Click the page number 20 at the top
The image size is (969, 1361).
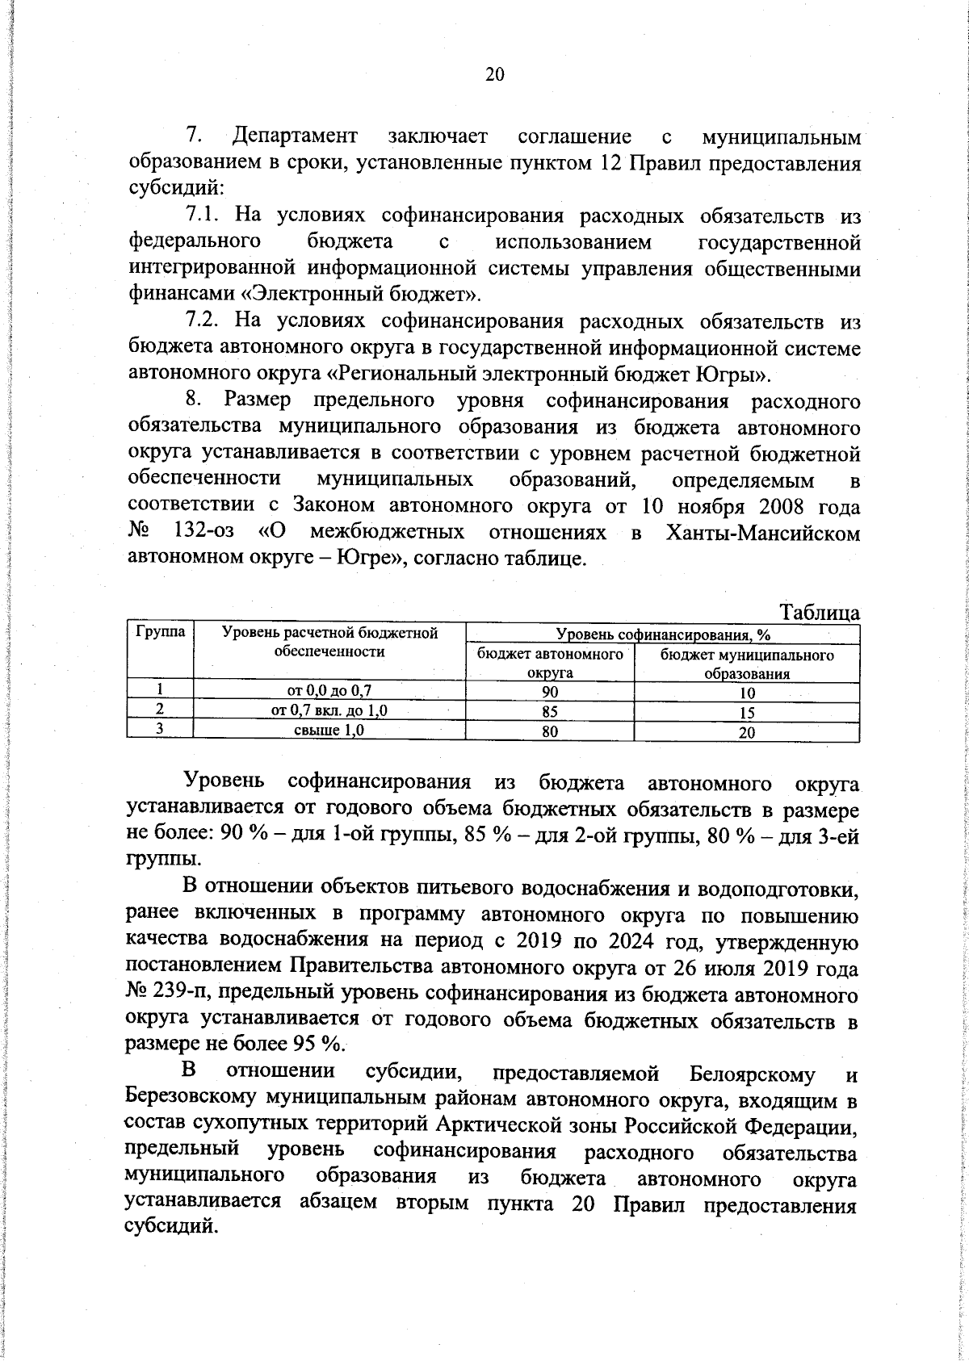[494, 75]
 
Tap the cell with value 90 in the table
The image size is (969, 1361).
[549, 692]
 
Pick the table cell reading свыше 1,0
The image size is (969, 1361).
[329, 731]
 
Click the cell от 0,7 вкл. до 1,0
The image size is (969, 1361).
[329, 711]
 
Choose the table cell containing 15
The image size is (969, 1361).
[747, 713]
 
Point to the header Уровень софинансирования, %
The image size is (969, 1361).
[662, 634]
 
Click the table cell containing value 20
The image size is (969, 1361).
[747, 733]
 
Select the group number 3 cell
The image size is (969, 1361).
[160, 730]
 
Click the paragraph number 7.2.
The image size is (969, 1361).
[203, 320]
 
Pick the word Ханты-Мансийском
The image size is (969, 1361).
[763, 533]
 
